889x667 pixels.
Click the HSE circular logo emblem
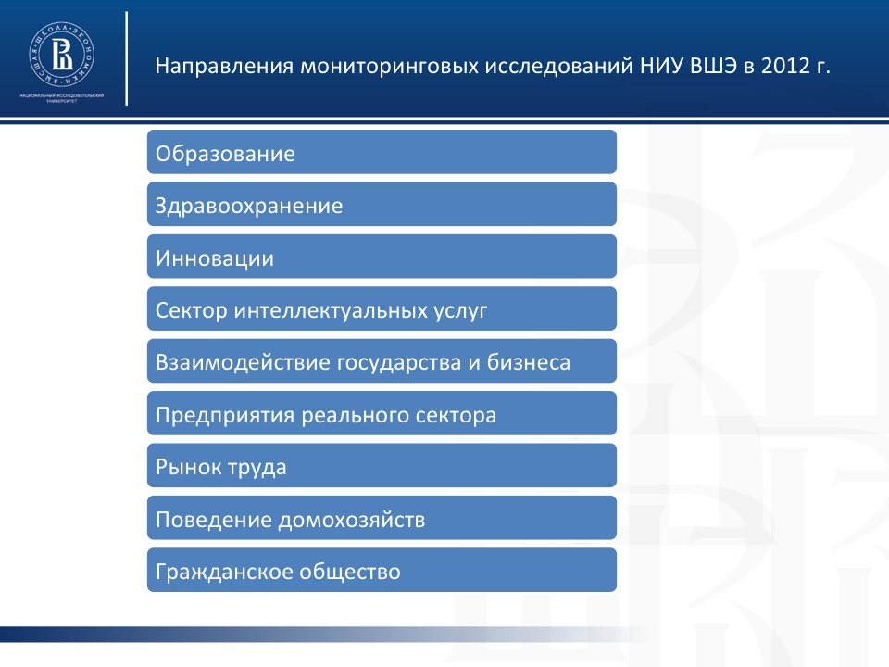[x=62, y=55]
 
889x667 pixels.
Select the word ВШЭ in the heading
[x=714, y=66]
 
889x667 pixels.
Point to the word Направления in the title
[x=224, y=67]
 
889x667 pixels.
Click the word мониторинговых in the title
[x=390, y=67]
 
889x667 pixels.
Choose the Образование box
[x=382, y=152]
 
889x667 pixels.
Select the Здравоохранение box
[x=382, y=204]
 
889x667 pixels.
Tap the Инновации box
[x=382, y=257]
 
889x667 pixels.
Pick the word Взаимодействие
[x=243, y=363]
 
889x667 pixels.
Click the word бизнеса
[x=529, y=362]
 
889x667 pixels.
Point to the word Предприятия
[x=225, y=416]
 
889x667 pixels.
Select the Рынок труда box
[x=382, y=466]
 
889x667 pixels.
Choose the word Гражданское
[x=224, y=573]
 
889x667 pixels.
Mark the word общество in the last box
[x=350, y=572]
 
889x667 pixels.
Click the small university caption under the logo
[x=62, y=97]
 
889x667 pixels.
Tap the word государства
[x=398, y=363]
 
